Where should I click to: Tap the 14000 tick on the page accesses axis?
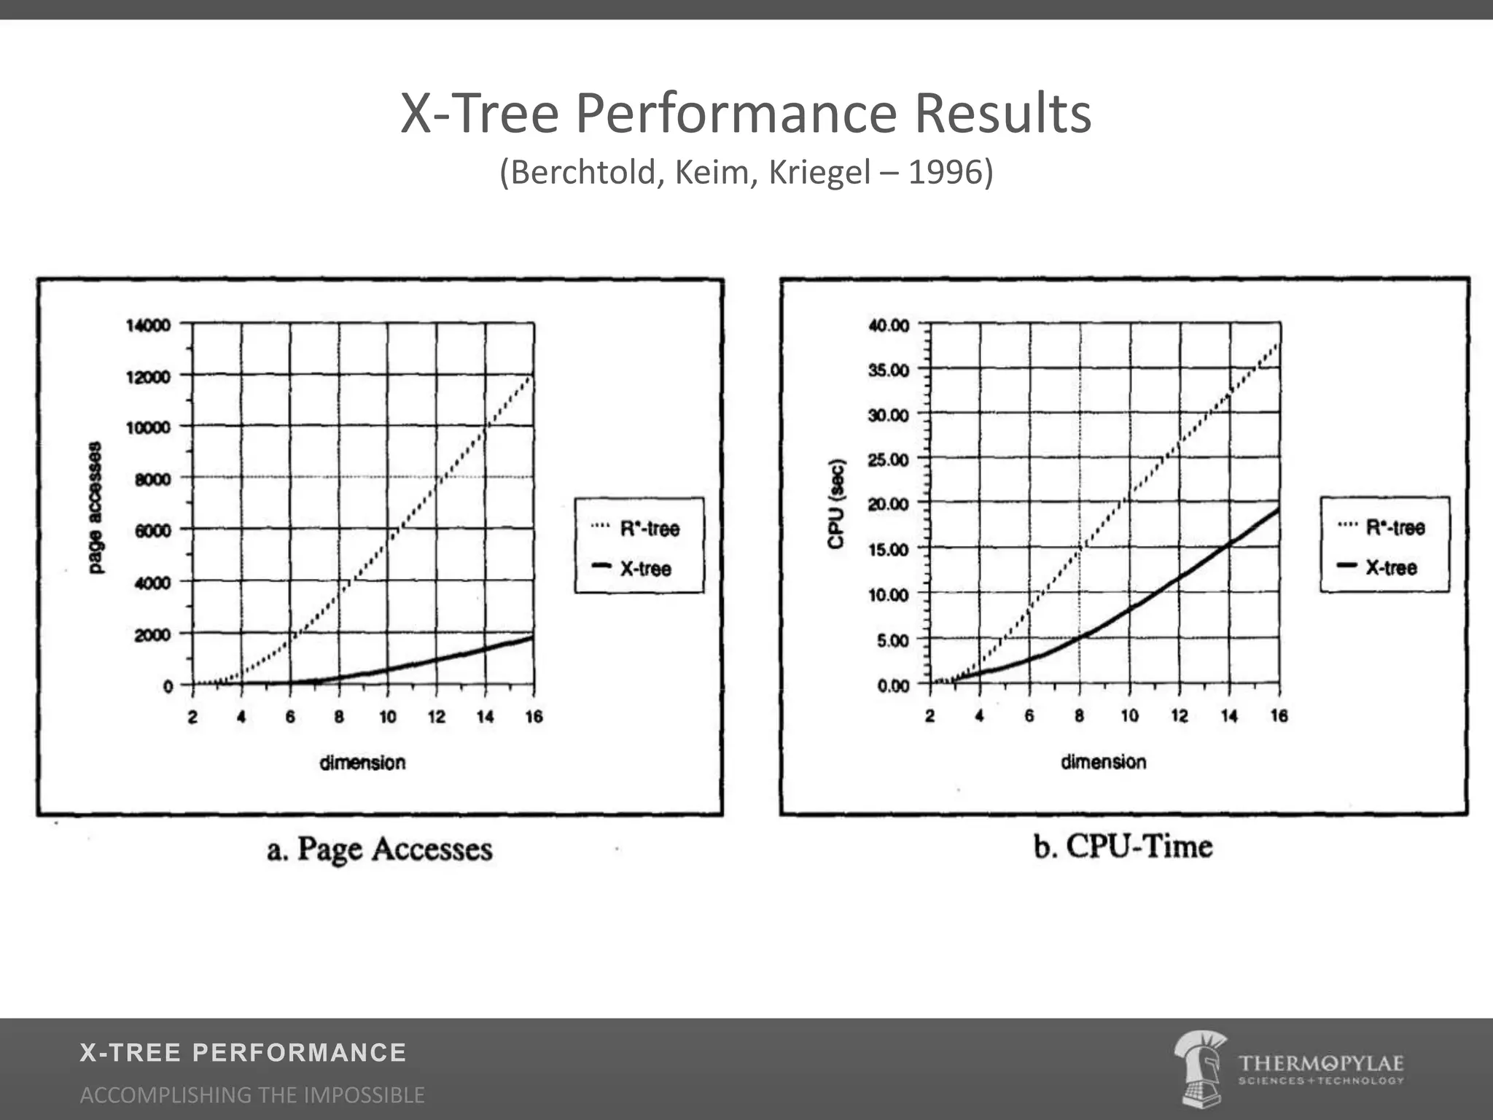(148, 324)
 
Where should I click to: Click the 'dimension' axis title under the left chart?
(362, 763)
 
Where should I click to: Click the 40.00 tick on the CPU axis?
(889, 325)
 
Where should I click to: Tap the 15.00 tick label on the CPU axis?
(889, 550)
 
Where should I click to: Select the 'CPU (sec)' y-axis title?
(836, 504)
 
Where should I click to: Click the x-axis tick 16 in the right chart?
(1279, 716)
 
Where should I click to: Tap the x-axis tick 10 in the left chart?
(388, 717)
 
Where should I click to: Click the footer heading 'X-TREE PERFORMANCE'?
(243, 1053)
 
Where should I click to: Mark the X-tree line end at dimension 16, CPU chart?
(1279, 510)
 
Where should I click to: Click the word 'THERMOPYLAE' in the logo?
(1321, 1063)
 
